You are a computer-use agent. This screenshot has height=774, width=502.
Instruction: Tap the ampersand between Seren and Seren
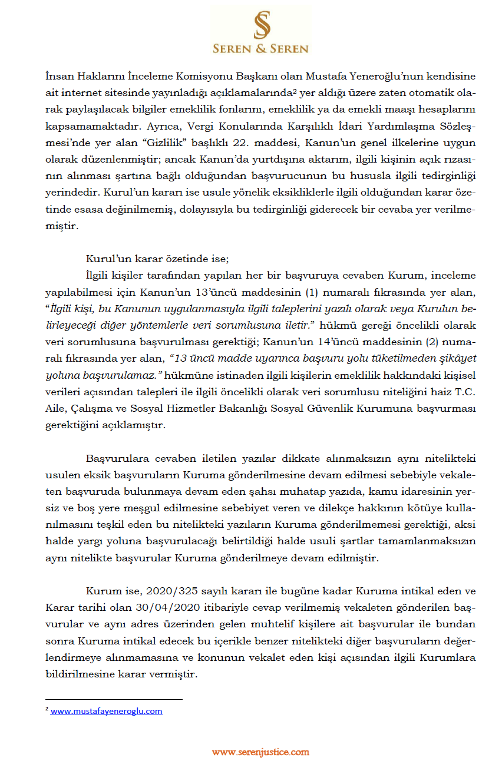260,49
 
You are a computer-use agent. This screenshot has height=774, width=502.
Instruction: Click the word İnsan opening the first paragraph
58,77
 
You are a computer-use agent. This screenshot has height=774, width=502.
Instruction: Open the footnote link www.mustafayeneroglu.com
106,711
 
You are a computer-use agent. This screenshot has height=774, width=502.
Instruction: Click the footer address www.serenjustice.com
260,752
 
